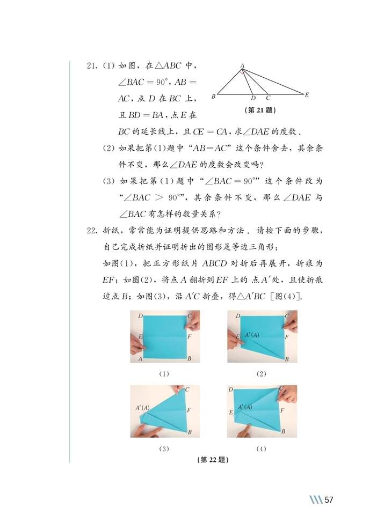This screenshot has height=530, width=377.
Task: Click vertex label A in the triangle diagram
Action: (242, 66)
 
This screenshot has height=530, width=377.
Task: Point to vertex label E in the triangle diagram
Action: (307, 95)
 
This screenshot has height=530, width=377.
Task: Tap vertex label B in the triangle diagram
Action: (213, 97)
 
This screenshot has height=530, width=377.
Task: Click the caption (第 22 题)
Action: (213, 460)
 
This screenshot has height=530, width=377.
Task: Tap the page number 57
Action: (329, 500)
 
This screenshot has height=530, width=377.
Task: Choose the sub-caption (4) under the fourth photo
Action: (262, 448)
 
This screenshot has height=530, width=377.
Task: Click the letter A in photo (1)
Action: (140, 358)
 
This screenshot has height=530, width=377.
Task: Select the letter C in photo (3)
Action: (187, 391)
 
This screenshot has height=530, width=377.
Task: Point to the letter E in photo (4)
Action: (231, 413)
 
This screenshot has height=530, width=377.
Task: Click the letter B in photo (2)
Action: (287, 358)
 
